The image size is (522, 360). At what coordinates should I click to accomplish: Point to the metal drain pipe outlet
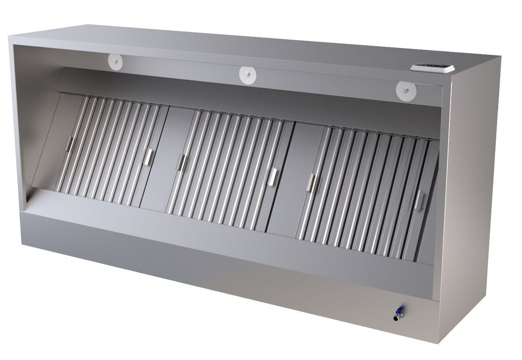coord(396,318)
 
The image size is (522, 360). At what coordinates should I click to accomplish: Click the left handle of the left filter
coord(69,144)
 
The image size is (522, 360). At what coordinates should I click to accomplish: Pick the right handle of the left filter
coord(149,157)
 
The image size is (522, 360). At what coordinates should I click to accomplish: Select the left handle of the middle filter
coord(181,162)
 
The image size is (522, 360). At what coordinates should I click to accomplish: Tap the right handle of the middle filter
coord(273,177)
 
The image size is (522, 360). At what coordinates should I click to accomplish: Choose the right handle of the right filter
coord(418,200)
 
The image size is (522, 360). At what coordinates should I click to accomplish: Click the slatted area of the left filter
coord(107,151)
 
